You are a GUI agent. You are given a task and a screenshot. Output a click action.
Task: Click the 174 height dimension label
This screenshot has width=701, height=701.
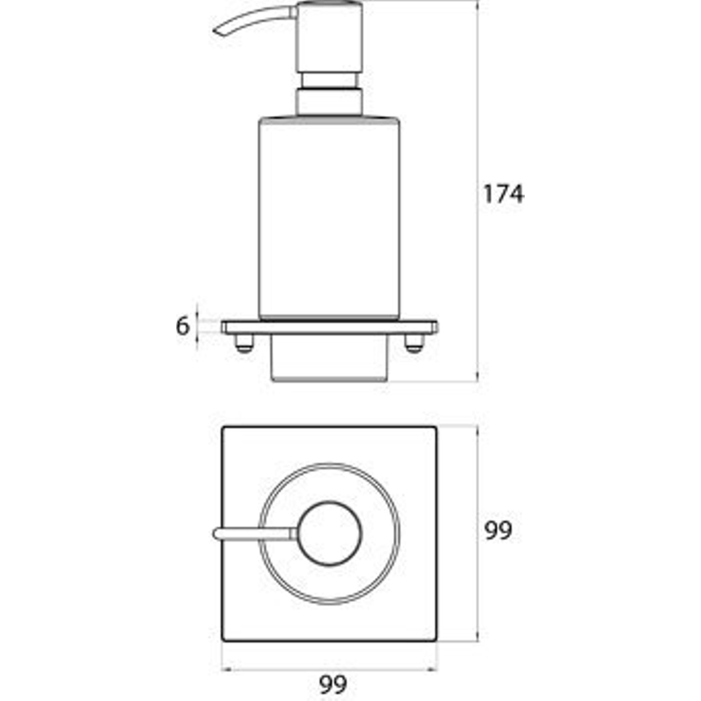pyautogui.click(x=504, y=194)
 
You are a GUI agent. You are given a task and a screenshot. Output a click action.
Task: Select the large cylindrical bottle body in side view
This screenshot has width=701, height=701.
pyautogui.click(x=329, y=218)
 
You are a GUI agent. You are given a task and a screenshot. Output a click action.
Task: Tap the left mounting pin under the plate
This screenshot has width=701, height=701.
pyautogui.click(x=244, y=343)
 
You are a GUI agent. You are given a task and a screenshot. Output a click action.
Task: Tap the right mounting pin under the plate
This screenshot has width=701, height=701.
pyautogui.click(x=414, y=343)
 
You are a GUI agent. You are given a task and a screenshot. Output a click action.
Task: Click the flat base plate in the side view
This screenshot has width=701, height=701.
pyautogui.click(x=329, y=327)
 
